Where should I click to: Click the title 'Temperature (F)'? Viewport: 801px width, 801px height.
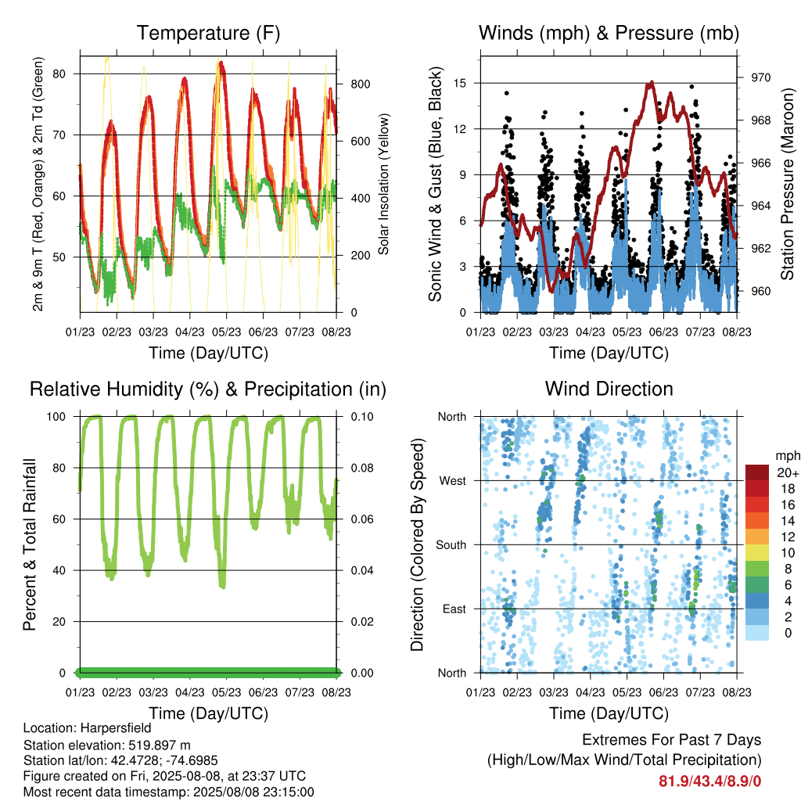pyautogui.click(x=208, y=33)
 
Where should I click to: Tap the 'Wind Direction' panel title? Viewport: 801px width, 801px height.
pyautogui.click(x=609, y=389)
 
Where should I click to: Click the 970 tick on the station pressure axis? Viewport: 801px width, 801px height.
pyautogui.click(x=760, y=77)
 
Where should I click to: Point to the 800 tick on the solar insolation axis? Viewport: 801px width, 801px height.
pyautogui.click(x=360, y=84)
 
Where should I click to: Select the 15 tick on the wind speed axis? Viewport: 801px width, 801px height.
pyautogui.click(x=460, y=83)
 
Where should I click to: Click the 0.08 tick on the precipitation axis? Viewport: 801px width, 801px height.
pyautogui.click(x=362, y=468)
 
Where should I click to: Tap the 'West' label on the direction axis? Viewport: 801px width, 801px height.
pyautogui.click(x=453, y=481)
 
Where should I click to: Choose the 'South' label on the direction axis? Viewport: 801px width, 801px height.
pyautogui.click(x=451, y=545)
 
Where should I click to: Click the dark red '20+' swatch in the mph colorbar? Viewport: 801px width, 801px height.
pyautogui.click(x=757, y=472)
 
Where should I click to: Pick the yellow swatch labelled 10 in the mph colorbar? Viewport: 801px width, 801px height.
pyautogui.click(x=757, y=552)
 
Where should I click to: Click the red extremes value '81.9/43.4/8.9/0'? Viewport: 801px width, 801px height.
pyautogui.click(x=709, y=781)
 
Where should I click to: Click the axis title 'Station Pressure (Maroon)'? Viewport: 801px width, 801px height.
pyautogui.click(x=787, y=184)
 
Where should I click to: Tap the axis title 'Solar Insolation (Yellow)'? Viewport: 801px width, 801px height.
pyautogui.click(x=383, y=184)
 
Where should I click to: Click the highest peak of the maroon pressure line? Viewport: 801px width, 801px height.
pyautogui.click(x=652, y=81)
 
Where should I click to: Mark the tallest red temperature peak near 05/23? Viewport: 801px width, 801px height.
pyautogui.click(x=221, y=63)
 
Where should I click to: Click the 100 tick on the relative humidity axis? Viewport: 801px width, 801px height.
pyautogui.click(x=56, y=417)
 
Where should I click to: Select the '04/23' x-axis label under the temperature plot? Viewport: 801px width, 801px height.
pyautogui.click(x=190, y=332)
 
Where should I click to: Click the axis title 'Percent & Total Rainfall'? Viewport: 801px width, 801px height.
pyautogui.click(x=31, y=544)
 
